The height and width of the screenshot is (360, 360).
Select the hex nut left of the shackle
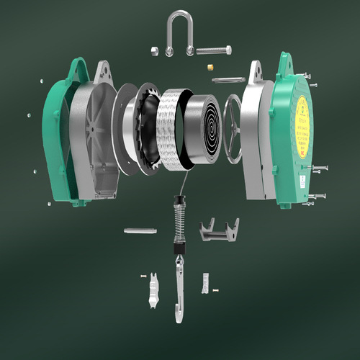click(155, 50)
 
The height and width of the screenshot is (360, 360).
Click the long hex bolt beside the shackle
click(212, 51)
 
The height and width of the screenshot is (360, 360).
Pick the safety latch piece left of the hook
click(153, 291)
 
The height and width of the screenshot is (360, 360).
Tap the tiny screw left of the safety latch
click(143, 275)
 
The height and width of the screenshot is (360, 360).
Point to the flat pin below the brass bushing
click(228, 79)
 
